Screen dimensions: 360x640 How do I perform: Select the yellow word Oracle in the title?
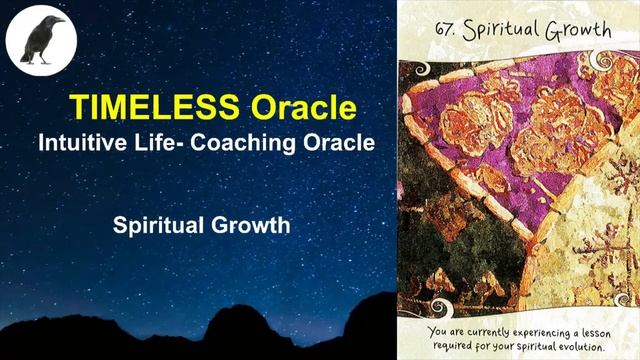(x=304, y=106)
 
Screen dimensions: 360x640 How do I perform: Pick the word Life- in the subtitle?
(x=159, y=143)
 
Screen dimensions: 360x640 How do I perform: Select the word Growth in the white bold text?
(x=248, y=225)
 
